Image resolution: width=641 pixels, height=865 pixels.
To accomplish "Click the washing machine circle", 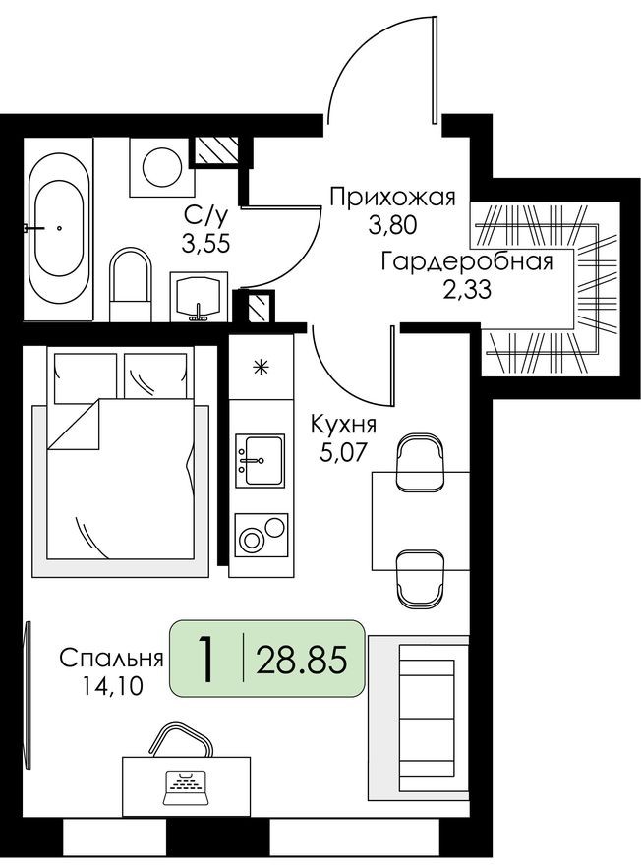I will point(160,166).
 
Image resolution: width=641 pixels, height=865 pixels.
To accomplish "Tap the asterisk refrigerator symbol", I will point(261,368).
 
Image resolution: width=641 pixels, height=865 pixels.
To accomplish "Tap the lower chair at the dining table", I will point(421,579).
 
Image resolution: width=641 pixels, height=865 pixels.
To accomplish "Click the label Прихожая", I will point(392,198).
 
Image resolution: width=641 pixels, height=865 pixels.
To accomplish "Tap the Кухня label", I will point(343,426).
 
